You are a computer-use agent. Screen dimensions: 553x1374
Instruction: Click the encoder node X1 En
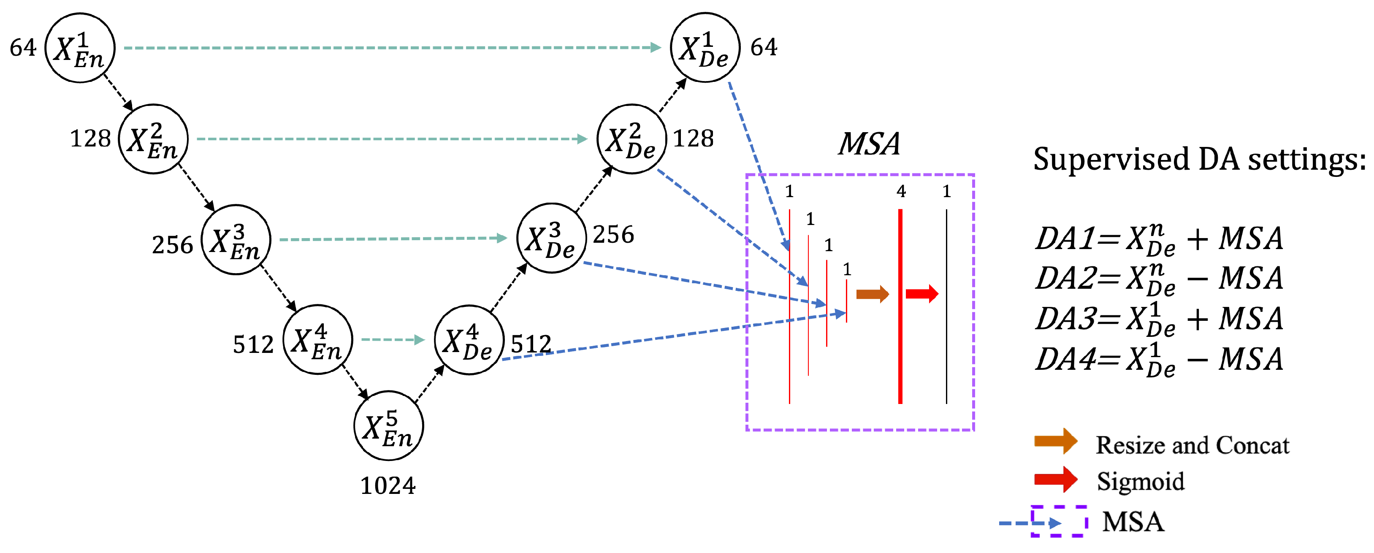(x=80, y=48)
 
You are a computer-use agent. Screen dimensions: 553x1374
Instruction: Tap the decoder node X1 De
(x=705, y=48)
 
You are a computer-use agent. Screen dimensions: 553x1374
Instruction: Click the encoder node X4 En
(x=317, y=340)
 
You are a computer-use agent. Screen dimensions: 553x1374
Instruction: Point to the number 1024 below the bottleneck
(x=388, y=485)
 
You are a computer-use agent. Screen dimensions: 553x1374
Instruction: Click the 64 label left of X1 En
(x=23, y=48)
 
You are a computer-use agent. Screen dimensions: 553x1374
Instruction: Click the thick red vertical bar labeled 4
(x=900, y=306)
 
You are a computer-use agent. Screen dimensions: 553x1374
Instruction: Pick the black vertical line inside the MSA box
(x=946, y=306)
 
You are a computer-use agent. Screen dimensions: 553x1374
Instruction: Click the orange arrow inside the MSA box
(x=872, y=294)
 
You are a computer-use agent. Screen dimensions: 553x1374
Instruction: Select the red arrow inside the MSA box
(x=921, y=293)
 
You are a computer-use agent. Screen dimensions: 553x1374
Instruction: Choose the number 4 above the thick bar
(x=901, y=191)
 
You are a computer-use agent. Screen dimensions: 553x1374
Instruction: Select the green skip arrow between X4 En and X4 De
(x=393, y=340)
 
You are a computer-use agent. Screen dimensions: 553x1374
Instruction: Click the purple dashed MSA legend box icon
(x=1059, y=521)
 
